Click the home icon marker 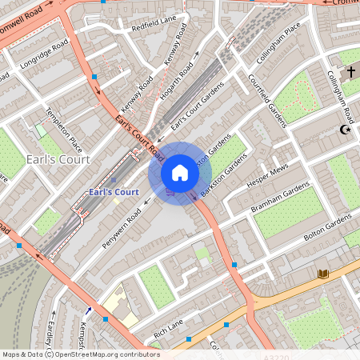point(180,172)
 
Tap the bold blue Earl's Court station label point(114,192)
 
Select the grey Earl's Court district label point(58,159)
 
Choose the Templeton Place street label point(65,130)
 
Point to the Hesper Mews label point(269,177)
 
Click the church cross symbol point(350,73)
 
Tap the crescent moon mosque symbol point(346,130)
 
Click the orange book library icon point(322,274)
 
